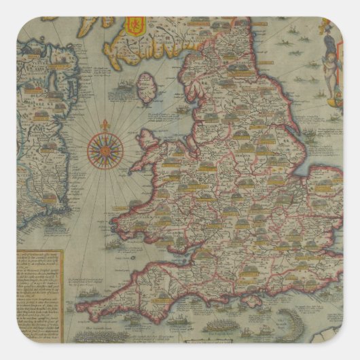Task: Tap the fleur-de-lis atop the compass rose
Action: [x=107, y=124]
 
